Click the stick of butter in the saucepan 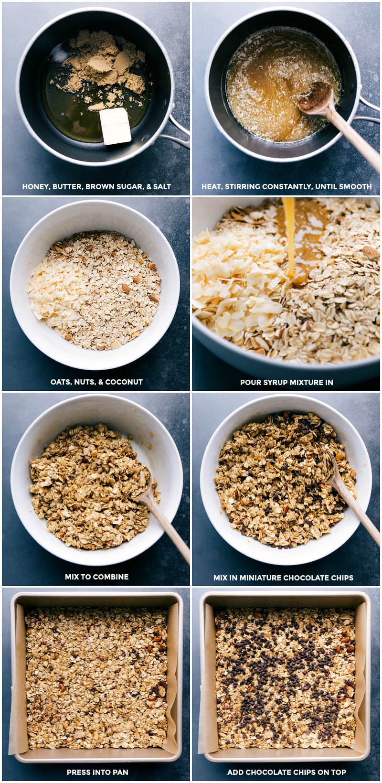coord(115,126)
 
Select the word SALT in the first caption coord(162,187)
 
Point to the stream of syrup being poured coord(289,239)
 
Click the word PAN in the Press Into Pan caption coord(120,772)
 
